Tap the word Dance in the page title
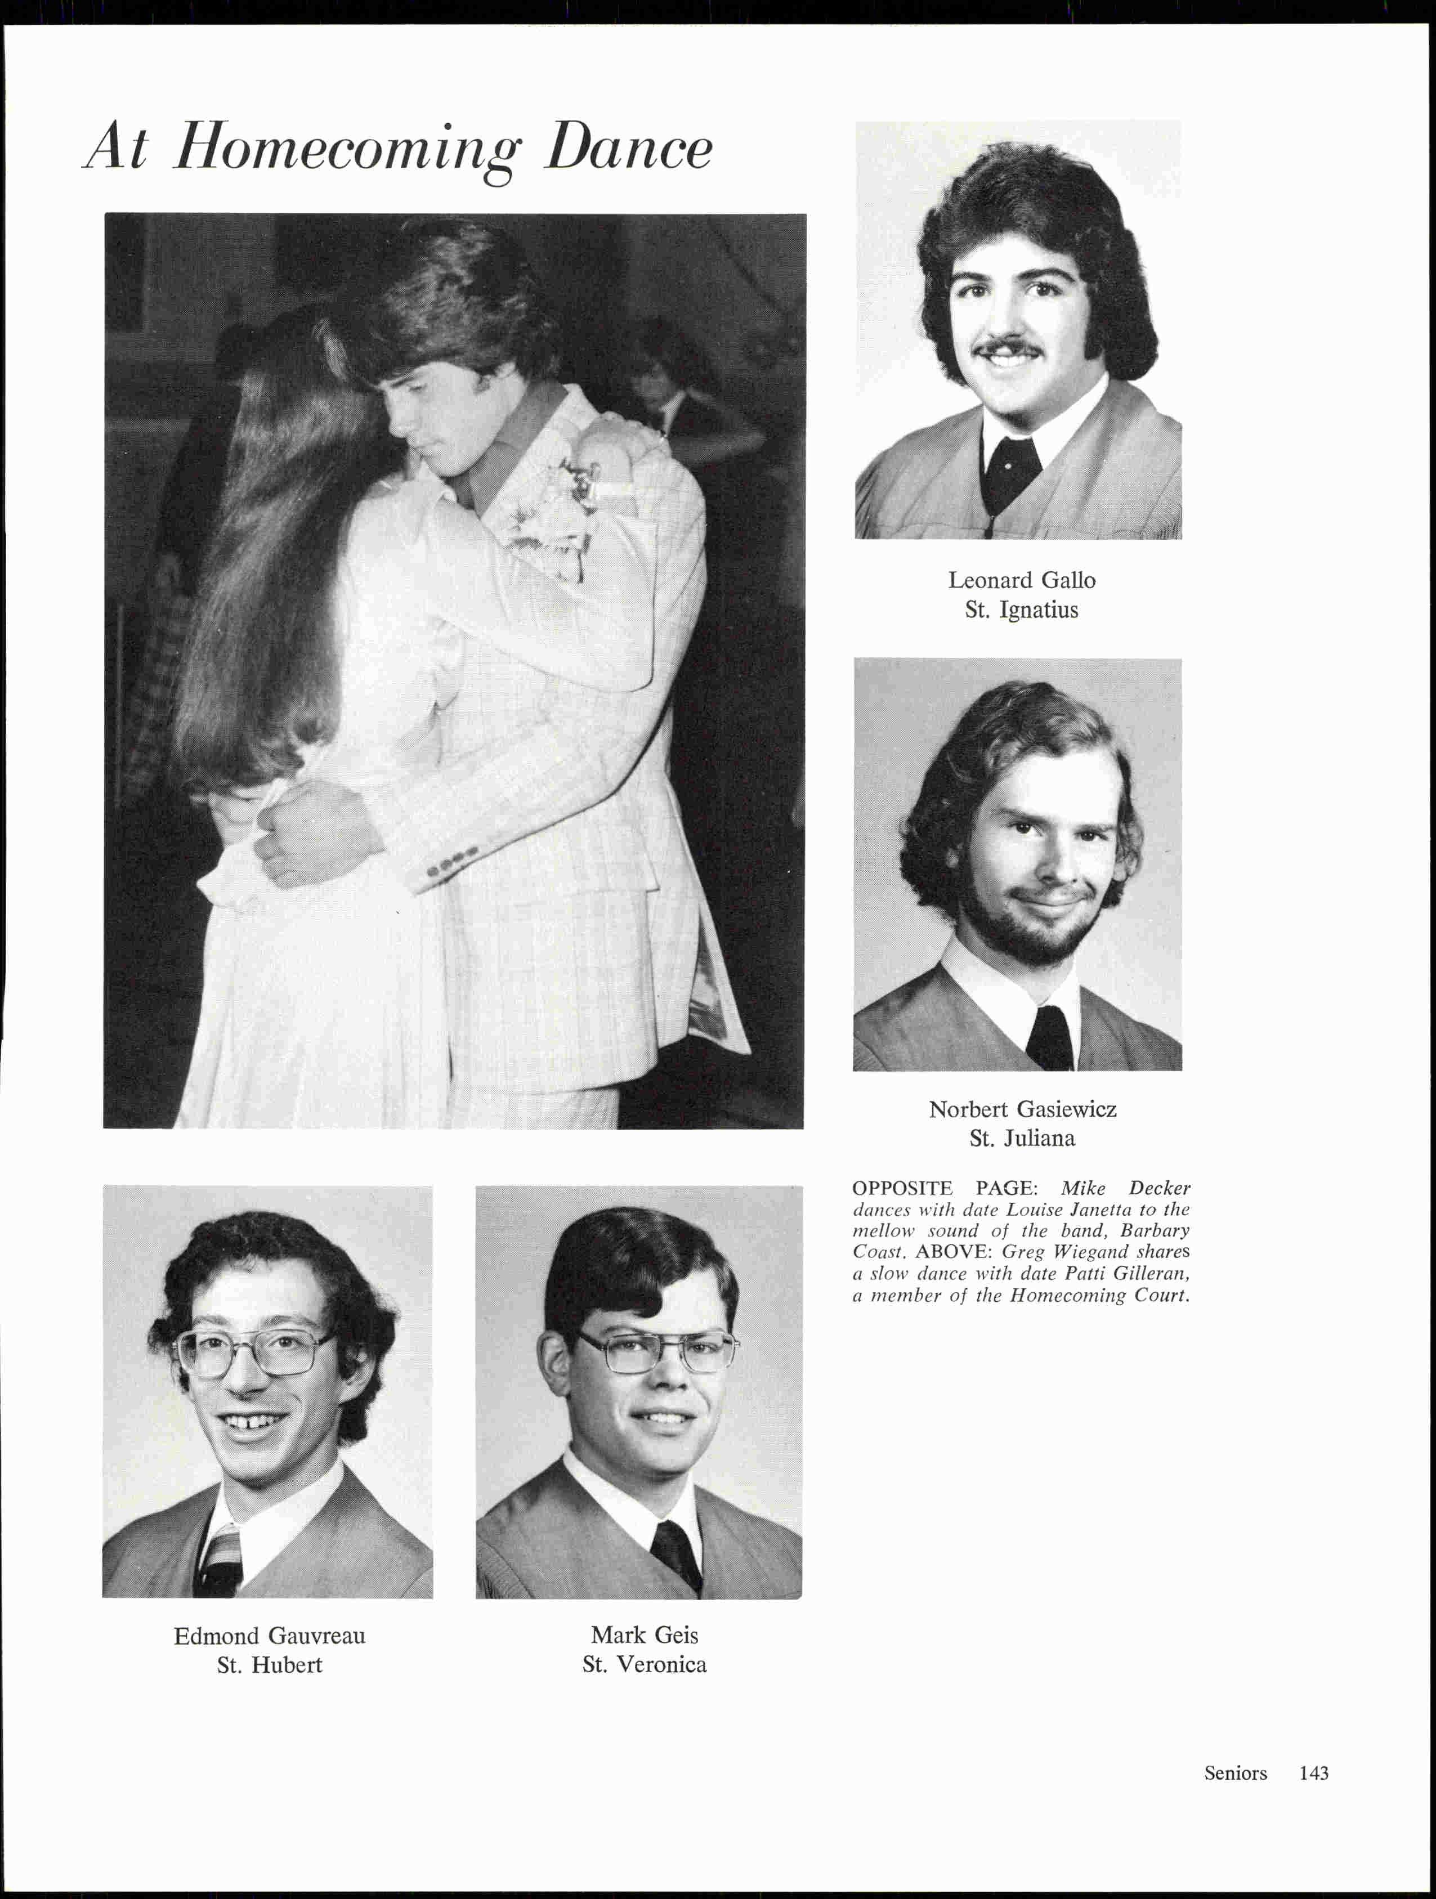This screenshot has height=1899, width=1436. click(628, 147)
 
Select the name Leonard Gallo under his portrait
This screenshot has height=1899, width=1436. click(1021, 580)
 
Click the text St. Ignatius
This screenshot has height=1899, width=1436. click(1021, 610)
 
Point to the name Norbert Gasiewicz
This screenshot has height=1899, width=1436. click(1022, 1109)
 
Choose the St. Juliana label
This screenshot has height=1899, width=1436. click(1022, 1139)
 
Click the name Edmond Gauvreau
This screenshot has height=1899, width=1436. click(270, 1636)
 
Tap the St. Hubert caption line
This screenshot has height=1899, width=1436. click(270, 1665)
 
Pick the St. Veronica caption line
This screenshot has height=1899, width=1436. click(644, 1665)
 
